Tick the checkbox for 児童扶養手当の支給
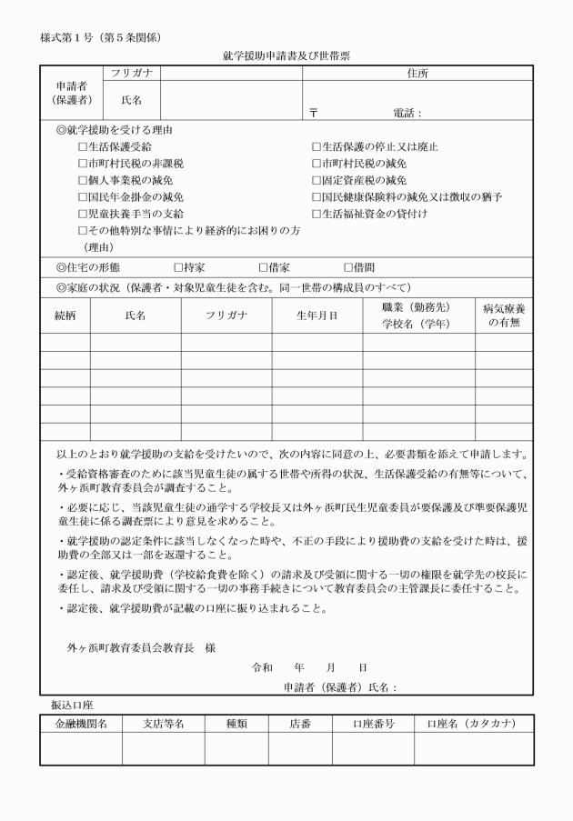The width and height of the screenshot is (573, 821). point(83,214)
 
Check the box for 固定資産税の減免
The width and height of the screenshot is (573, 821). point(317,181)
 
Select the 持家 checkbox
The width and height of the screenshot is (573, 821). point(178,267)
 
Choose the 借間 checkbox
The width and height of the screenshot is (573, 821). point(347,267)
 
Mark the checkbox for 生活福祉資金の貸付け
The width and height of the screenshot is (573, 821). point(317,214)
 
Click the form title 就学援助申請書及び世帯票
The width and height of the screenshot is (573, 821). point(286,55)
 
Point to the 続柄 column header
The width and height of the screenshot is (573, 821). point(65,315)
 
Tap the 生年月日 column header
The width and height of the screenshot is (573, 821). point(317,315)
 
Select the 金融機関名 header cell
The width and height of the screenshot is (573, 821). point(80,724)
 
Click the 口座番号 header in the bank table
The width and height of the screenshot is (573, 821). point(373,724)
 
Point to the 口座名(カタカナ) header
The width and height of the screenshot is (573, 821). point(473,724)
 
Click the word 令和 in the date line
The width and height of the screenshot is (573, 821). point(262,666)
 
